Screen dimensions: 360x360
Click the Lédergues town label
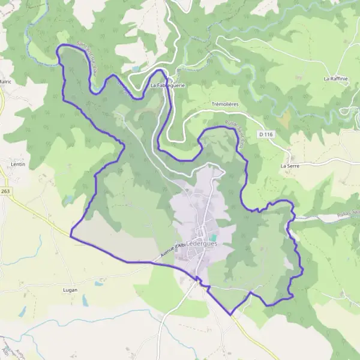(x=201, y=244)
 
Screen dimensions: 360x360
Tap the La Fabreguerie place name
(x=167, y=85)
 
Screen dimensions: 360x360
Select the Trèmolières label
(x=226, y=104)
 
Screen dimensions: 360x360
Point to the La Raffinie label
(x=335, y=79)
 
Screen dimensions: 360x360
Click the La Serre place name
(x=290, y=165)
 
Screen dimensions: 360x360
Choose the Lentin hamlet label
(x=17, y=163)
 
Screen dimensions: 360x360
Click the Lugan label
(x=71, y=289)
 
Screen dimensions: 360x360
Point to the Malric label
(x=5, y=82)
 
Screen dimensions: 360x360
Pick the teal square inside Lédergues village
(x=212, y=238)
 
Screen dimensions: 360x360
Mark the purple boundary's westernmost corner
(x=71, y=236)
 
